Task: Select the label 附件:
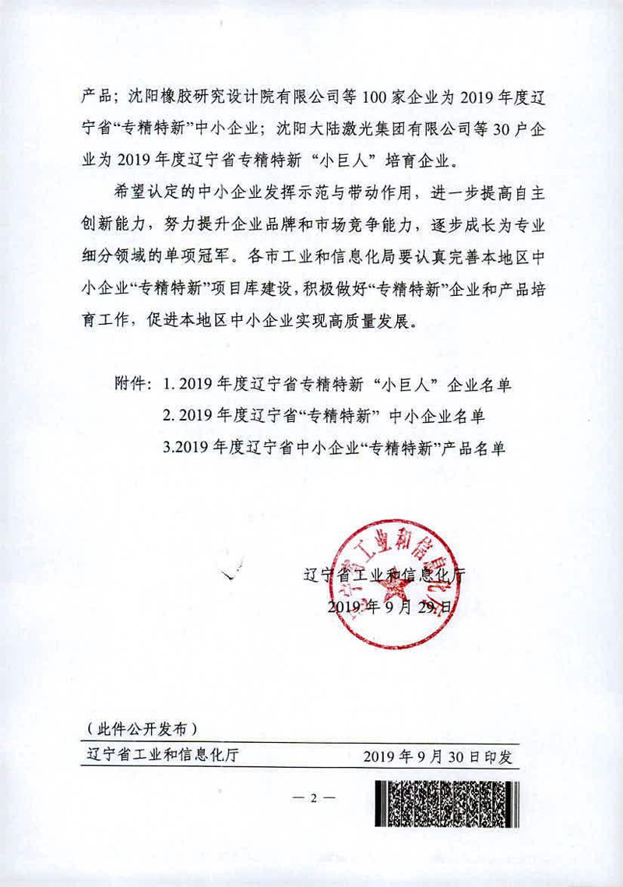click(x=134, y=385)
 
